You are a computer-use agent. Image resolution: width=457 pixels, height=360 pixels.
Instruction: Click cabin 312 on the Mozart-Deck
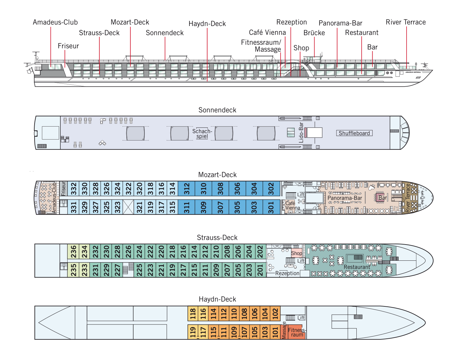point(187,189)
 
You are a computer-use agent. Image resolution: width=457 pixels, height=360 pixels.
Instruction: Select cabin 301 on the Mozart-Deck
point(271,207)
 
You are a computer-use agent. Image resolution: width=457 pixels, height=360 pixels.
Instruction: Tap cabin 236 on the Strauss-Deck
point(74,252)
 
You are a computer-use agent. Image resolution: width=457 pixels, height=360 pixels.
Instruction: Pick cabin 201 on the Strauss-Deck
point(260,270)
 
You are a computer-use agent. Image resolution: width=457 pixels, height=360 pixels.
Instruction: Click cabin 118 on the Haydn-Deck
point(193,314)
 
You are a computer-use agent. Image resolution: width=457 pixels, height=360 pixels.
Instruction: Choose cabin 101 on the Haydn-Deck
point(275,332)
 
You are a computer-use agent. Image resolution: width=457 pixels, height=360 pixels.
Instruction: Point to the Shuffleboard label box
point(354,133)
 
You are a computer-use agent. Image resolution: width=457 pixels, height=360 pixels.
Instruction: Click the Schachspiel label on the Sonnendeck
point(202,134)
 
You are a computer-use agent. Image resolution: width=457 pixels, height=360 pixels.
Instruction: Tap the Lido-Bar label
point(301,133)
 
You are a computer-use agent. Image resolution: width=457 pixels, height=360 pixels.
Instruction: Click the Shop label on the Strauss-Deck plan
point(296,253)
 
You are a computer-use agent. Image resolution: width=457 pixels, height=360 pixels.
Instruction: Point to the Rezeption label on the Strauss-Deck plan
point(287,273)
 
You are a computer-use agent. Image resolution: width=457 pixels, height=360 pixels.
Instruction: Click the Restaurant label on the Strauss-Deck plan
point(357,267)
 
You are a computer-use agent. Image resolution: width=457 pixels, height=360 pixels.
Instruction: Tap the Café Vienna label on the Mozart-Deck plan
point(292,206)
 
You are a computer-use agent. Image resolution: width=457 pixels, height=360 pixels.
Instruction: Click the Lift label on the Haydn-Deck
point(301,317)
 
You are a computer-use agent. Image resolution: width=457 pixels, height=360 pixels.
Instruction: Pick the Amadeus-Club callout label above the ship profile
point(55,22)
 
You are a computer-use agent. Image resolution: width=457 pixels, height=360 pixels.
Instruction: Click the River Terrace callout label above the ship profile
point(406,22)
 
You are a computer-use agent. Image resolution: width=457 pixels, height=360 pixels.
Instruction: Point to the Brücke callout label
point(314,33)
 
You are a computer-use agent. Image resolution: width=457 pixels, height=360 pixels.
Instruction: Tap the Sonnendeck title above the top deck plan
point(217,110)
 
